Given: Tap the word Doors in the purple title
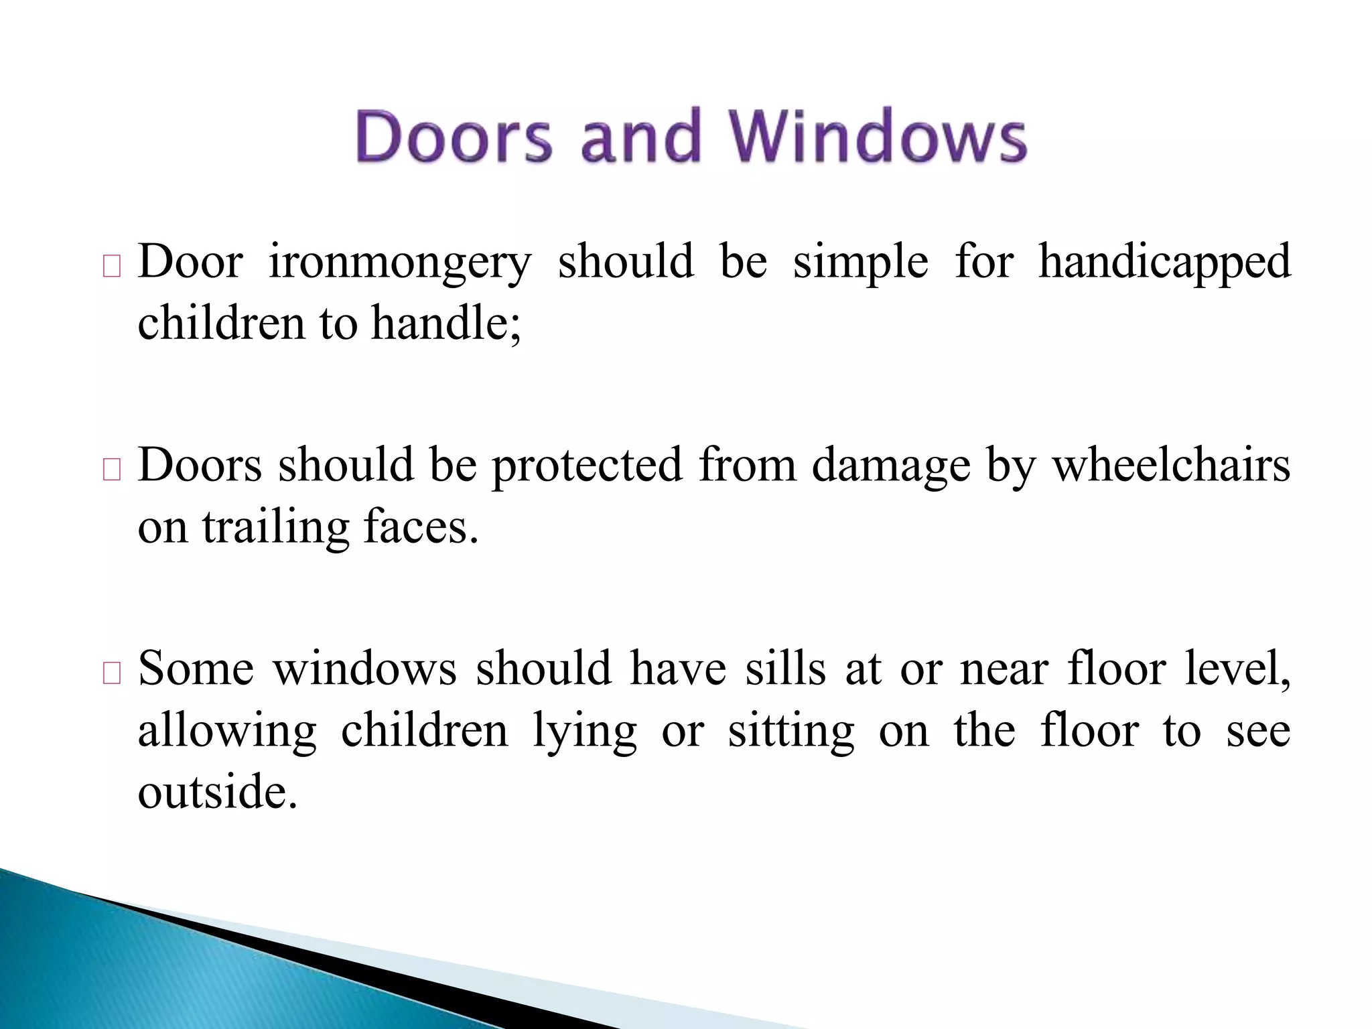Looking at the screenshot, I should point(454,137).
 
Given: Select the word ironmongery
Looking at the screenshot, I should point(400,262).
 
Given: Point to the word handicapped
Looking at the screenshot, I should point(1164,262).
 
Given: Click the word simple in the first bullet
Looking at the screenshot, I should point(861,262).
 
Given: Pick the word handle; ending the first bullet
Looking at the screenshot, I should point(446,323).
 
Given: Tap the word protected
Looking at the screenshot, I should point(588,466).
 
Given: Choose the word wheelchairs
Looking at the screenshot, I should point(1171,466).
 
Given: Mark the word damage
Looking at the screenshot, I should point(891,466).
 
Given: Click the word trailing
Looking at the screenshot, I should point(276,528).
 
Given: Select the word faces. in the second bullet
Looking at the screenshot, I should point(421,527).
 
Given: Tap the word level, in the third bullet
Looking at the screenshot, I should point(1238,669).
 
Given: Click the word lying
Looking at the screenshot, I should point(585,732).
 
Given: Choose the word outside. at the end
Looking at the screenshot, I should point(218,792).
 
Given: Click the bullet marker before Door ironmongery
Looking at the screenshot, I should point(112,267).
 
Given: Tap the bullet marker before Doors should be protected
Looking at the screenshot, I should point(112,470).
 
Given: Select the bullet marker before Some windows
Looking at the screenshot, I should point(112,673).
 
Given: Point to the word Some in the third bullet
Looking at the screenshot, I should point(196,669).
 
